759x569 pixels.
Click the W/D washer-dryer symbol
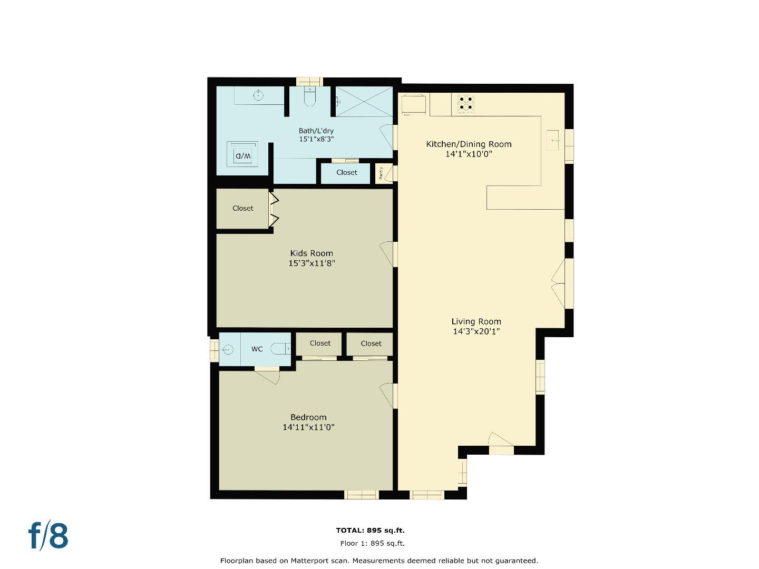242,154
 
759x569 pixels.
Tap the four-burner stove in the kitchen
465,103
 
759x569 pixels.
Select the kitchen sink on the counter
553,140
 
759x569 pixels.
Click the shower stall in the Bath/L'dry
364,101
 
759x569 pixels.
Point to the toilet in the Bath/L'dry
309,97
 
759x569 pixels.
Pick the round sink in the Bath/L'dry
258,95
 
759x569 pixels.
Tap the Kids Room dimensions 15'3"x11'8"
312,263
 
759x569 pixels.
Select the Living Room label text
476,321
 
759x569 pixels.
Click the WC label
257,349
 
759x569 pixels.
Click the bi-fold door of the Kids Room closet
274,209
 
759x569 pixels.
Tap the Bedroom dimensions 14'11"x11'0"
308,427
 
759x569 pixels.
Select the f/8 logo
48,535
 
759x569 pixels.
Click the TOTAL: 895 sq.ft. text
370,531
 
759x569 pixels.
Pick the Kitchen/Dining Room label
469,144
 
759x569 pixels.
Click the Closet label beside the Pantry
346,172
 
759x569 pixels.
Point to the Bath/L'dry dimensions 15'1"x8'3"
316,140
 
